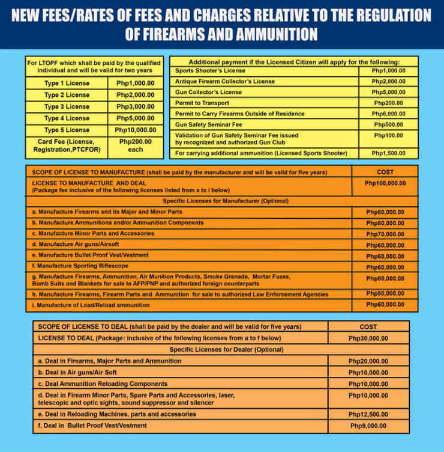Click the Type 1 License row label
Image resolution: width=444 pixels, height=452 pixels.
(x=67, y=83)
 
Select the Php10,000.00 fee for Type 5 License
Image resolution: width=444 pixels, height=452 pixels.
(x=136, y=130)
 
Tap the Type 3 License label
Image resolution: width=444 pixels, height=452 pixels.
(x=67, y=106)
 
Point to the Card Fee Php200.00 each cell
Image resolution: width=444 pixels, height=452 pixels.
(x=136, y=145)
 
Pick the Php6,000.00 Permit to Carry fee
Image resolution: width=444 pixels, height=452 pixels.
(x=388, y=114)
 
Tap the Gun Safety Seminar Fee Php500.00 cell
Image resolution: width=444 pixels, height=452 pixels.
(x=388, y=124)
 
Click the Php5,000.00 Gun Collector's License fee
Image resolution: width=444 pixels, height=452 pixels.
(x=388, y=92)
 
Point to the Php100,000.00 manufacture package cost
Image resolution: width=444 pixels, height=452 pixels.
(x=385, y=183)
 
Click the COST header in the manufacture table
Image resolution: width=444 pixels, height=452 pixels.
(x=385, y=172)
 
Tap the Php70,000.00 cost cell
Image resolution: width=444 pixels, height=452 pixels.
(x=385, y=234)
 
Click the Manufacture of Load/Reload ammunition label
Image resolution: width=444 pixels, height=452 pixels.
(x=91, y=305)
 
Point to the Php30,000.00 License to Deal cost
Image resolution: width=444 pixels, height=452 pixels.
(x=368, y=338)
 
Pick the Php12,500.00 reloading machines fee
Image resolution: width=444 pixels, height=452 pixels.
(x=368, y=414)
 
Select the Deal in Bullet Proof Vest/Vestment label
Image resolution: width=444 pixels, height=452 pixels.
(x=92, y=426)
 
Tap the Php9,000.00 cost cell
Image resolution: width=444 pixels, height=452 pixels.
(x=368, y=426)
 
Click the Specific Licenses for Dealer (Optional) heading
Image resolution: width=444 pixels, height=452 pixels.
(x=221, y=349)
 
